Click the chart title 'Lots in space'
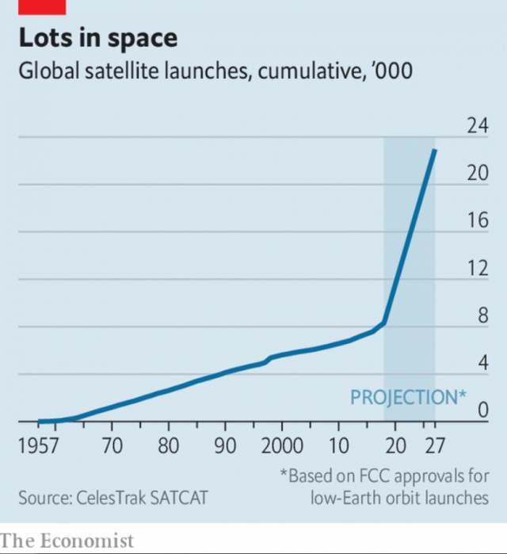(x=98, y=38)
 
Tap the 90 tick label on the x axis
(x=226, y=445)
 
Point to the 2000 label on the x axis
(x=283, y=445)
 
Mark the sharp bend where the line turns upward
(x=384, y=323)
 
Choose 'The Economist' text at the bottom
(x=67, y=541)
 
